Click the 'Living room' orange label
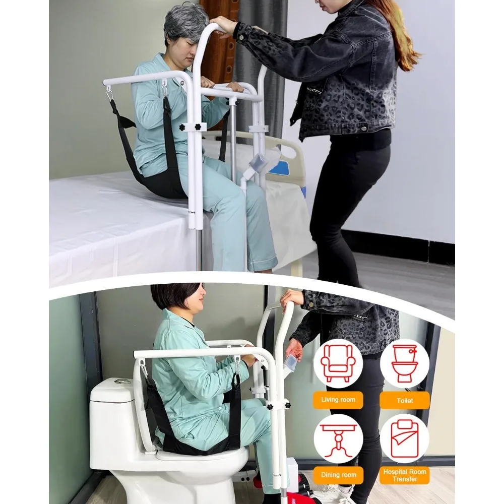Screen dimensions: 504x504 coord(338,400)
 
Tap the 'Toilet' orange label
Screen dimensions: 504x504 coord(404,401)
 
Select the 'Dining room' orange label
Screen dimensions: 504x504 coord(338,475)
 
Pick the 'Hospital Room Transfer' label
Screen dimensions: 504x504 coord(404,475)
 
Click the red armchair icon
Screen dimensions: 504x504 coord(338,363)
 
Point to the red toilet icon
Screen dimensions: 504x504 coord(404,363)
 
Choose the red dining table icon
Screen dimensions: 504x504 coord(338,438)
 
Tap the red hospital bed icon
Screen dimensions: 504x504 coord(404,438)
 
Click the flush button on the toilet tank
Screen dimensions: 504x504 coord(121,382)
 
